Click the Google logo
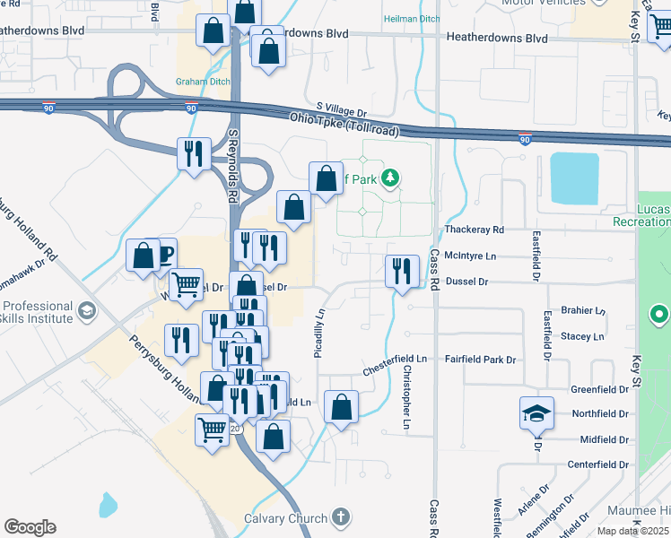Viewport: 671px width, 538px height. tap(30, 527)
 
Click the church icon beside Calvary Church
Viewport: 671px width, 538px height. tap(340, 517)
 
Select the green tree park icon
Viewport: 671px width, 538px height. tap(389, 178)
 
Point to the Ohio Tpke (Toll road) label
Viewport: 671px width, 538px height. tap(344, 124)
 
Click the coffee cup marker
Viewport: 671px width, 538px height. tap(164, 252)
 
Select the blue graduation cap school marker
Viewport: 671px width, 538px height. tap(536, 413)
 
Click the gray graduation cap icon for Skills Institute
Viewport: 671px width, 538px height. tap(87, 312)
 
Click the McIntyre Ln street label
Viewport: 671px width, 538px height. tap(470, 256)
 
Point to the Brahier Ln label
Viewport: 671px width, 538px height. tap(583, 310)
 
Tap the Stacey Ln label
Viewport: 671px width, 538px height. tap(582, 336)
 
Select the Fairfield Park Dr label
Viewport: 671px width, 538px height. tap(485, 360)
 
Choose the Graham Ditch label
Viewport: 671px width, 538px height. tap(203, 81)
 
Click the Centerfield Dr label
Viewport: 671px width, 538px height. tap(598, 464)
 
